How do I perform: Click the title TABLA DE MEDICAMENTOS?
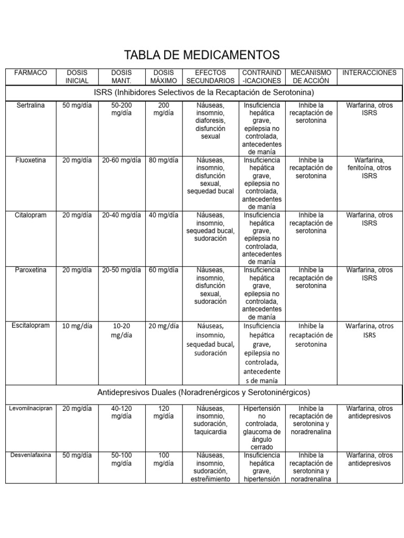(202, 55)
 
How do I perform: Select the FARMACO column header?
(31, 73)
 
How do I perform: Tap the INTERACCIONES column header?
(369, 73)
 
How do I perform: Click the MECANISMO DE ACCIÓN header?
(311, 77)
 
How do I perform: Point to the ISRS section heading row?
(204, 92)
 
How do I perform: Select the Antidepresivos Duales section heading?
(204, 392)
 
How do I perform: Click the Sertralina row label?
(31, 105)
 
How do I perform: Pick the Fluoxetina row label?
(31, 160)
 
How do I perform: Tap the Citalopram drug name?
(31, 215)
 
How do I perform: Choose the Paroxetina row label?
(31, 270)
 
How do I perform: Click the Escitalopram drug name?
(31, 326)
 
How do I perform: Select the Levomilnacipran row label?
(31, 408)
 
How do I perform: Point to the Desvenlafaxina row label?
(31, 455)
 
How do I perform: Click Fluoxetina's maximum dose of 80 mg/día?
(164, 160)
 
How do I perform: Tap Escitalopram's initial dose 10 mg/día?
(77, 326)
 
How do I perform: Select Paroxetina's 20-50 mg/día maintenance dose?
(122, 270)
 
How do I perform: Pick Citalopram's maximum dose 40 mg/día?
(164, 215)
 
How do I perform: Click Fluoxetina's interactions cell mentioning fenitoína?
(369, 168)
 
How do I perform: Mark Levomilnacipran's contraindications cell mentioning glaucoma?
(262, 428)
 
